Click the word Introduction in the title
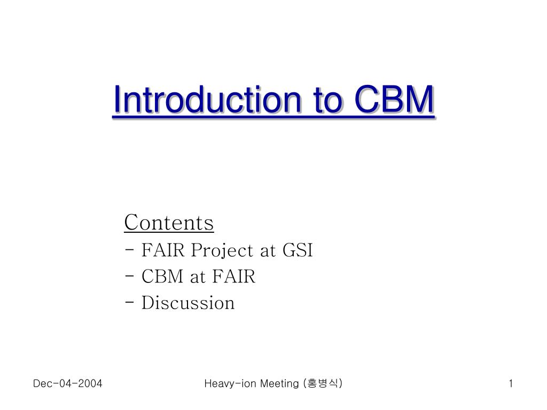point(207,99)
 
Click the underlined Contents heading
point(169,223)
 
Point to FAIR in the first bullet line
point(163,250)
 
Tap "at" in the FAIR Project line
point(268,251)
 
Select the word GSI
point(298,250)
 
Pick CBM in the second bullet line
point(162,277)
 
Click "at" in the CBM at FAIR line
point(198,278)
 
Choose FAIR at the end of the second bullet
point(234,277)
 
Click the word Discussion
point(188,303)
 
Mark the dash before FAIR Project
point(129,250)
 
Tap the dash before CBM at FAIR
point(129,276)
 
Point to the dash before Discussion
point(129,302)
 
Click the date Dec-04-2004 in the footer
point(68,383)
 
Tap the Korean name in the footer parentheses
point(323,383)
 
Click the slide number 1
point(511,383)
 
